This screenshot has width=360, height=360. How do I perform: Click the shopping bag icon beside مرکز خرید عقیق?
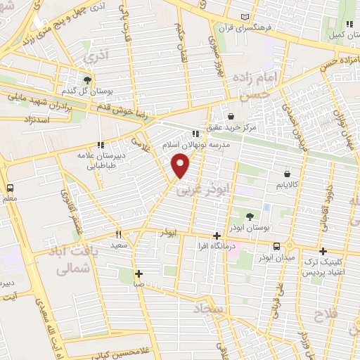pyautogui.click(x=231, y=116)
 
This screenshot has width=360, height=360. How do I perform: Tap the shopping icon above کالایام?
pyautogui.click(x=287, y=173)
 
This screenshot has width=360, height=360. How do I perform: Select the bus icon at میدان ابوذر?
pyautogui.click(x=277, y=246)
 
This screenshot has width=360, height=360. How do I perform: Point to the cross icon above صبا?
pyautogui.click(x=139, y=274)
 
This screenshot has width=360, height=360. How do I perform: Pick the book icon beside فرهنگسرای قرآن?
pyautogui.click(x=244, y=17)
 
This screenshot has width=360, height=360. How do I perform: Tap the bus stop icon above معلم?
pyautogui.click(x=10, y=188)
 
